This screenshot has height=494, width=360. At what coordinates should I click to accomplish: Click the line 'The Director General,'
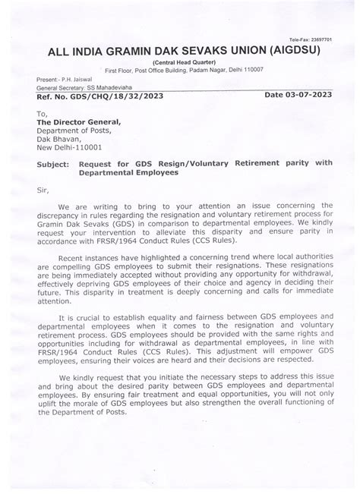click(x=78, y=121)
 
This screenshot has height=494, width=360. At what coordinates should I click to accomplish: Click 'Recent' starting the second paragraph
click(x=74, y=259)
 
